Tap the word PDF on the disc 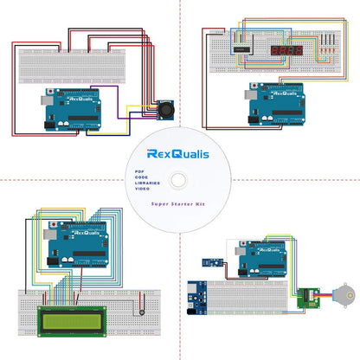tap(138, 173)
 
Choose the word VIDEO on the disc tap(141, 192)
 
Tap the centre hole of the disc tap(180, 180)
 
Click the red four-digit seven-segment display tap(286, 52)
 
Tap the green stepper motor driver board tap(304, 299)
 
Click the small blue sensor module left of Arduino tap(209, 260)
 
